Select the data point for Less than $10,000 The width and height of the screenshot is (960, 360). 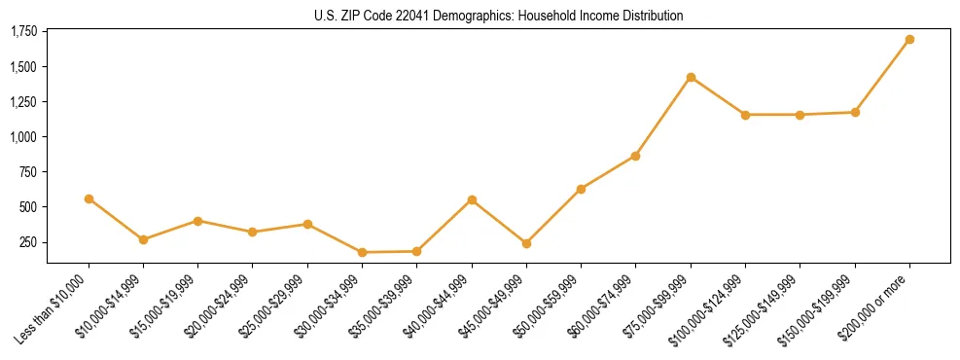click(x=89, y=198)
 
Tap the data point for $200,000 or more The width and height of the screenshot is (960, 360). click(x=909, y=40)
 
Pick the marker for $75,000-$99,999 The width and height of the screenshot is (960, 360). click(x=691, y=77)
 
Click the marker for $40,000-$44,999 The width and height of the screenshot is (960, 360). click(x=472, y=200)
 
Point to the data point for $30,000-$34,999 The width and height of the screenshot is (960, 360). click(x=362, y=252)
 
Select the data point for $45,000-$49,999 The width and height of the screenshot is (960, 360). click(x=526, y=243)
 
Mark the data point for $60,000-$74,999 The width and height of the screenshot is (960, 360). click(x=635, y=156)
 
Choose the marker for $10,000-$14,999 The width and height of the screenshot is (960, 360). click(x=143, y=239)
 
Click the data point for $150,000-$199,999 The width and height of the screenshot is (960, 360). click(x=855, y=112)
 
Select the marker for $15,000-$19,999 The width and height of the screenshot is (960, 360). click(x=198, y=221)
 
